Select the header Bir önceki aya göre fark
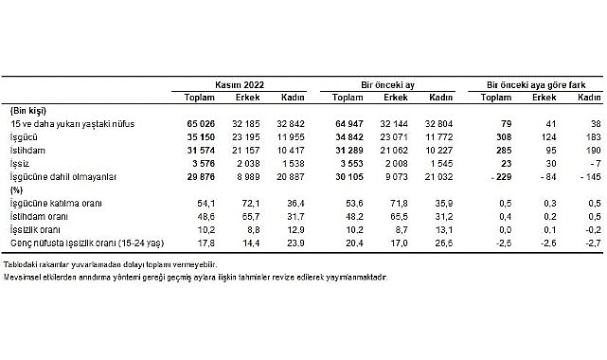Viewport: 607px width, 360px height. click(x=536, y=83)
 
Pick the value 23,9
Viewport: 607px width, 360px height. click(x=297, y=242)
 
